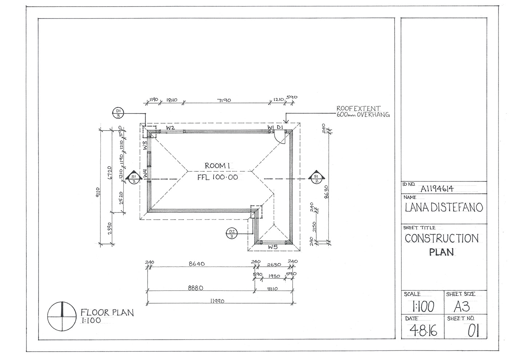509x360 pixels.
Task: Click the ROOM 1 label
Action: point(217,166)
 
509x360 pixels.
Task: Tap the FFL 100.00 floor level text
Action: point(217,177)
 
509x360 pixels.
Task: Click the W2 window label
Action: point(171,128)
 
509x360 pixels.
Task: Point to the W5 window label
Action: point(273,247)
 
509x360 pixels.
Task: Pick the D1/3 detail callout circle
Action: point(119,113)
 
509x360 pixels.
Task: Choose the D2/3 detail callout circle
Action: point(232,233)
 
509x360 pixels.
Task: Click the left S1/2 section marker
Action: point(133,177)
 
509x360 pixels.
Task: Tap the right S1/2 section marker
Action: point(316,177)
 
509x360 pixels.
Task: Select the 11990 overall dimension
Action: point(217,301)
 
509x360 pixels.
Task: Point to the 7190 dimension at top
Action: point(224,100)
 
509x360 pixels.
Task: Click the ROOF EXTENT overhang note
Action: point(362,111)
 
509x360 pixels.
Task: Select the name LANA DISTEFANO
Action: point(444,207)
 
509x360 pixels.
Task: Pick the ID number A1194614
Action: point(437,188)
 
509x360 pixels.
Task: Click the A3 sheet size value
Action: point(462,307)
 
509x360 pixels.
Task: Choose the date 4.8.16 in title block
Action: point(423,331)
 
